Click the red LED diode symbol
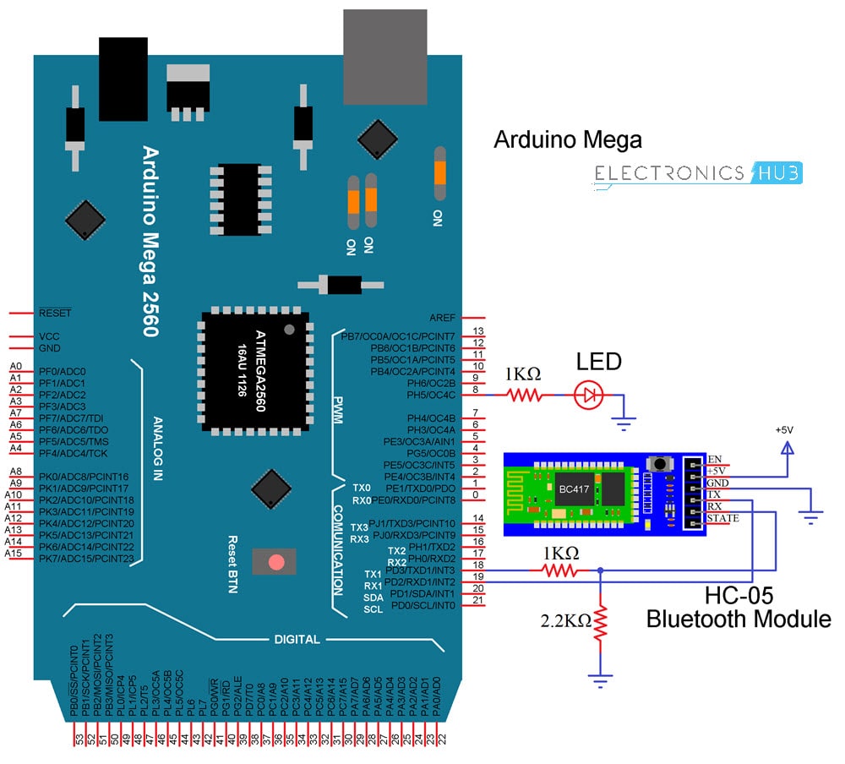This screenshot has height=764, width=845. tap(589, 394)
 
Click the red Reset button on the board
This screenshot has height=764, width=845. tap(275, 562)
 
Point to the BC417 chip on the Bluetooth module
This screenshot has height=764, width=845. tap(568, 488)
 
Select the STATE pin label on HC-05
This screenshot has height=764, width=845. tap(723, 518)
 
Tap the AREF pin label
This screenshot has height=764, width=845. tap(441, 318)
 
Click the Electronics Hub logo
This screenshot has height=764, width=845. tap(698, 173)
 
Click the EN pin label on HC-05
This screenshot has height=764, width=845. tap(715, 459)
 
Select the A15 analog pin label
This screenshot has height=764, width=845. tap(14, 553)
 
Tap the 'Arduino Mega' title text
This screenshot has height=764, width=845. tap(567, 139)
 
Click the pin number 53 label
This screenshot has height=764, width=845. tap(79, 739)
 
